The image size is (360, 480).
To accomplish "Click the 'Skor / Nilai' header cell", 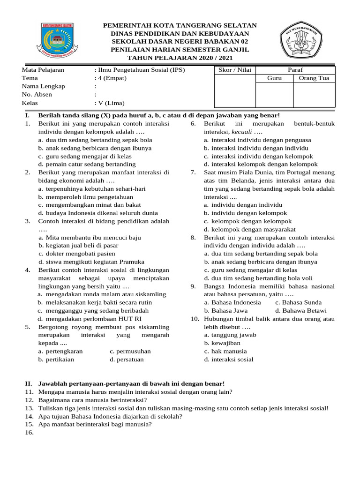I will point(235,70).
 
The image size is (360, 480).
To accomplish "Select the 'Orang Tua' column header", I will point(314,78).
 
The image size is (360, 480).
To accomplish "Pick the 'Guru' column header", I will point(274,78).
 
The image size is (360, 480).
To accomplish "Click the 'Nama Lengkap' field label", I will point(44,86).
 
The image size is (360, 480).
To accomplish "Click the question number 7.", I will point(193,172).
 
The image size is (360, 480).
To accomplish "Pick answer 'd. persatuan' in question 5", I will point(127,360).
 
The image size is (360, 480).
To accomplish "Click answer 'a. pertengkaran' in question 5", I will point(60,351).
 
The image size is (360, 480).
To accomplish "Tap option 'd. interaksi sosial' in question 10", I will point(228,360).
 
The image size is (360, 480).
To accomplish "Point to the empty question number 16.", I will point(30,433).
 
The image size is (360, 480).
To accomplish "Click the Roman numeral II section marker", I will point(28,383).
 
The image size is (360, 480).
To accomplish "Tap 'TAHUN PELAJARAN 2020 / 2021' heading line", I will point(180,57).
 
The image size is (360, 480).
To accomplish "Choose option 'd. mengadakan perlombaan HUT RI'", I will point(85,319).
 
